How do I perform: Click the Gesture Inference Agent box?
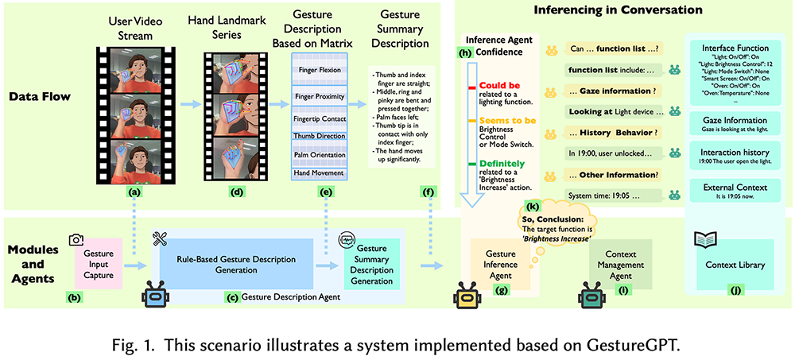pyautogui.click(x=500, y=263)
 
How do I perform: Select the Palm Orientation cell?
pyautogui.click(x=321, y=154)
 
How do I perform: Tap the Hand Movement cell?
pyautogui.click(x=321, y=172)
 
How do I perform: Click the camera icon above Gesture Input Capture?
pyautogui.click(x=76, y=240)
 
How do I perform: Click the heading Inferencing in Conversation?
pyautogui.click(x=618, y=10)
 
